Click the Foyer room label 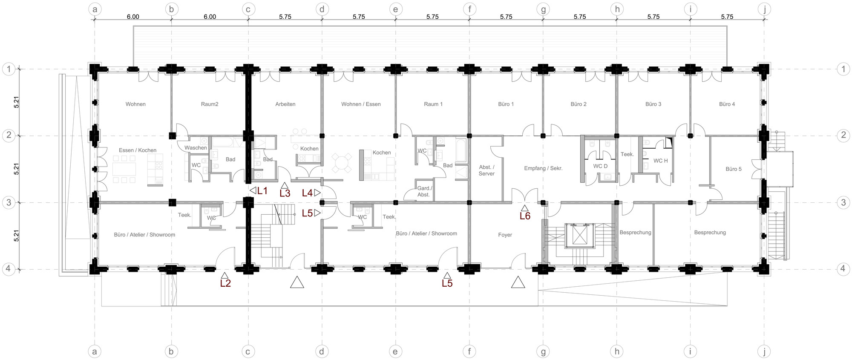(505, 235)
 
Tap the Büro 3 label (653, 104)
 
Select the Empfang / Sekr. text (543, 168)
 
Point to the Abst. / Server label (486, 170)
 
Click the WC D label (600, 166)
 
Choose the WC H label (661, 161)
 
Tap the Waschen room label (196, 148)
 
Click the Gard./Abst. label (424, 191)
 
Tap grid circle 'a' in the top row (95, 9)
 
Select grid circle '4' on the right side (843, 269)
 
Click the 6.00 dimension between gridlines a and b (133, 17)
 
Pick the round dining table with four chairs (342, 163)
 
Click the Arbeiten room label (285, 104)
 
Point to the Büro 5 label (734, 169)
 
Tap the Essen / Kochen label (138, 150)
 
